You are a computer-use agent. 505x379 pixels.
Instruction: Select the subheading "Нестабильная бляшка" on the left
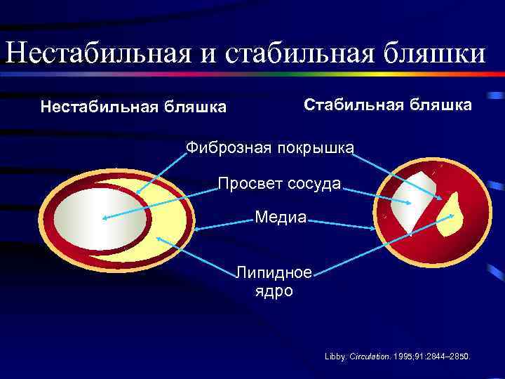coord(133,107)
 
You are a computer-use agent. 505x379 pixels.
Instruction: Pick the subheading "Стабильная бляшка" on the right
coord(387,105)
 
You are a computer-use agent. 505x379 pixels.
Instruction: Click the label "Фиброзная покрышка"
coord(270,147)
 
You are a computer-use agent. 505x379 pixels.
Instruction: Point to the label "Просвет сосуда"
coord(279,184)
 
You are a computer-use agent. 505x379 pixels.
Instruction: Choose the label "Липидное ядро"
coord(274,281)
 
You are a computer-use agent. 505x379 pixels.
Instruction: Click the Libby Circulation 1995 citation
coord(398,357)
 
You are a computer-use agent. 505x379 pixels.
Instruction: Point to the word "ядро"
coord(274,291)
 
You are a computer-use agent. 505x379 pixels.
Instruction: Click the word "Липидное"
coord(274,272)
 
